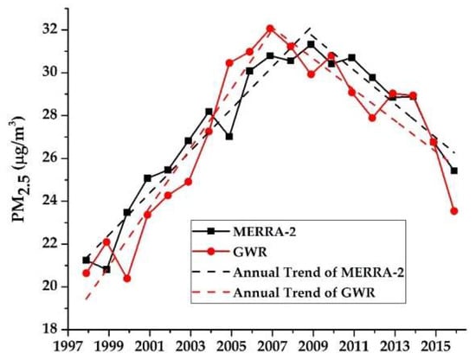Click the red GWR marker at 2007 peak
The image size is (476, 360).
[270, 29]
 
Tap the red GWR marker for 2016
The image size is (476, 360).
[454, 210]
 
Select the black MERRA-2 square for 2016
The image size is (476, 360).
[454, 170]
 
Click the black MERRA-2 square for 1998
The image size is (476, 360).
[86, 260]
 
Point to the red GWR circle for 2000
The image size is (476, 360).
[126, 279]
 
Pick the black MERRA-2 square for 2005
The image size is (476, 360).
[229, 137]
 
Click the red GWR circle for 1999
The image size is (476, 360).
[106, 242]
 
